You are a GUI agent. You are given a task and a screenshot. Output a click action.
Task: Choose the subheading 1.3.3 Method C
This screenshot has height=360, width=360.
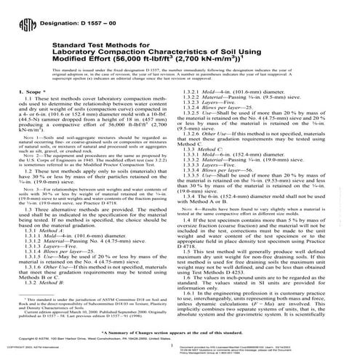coord(212,154)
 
